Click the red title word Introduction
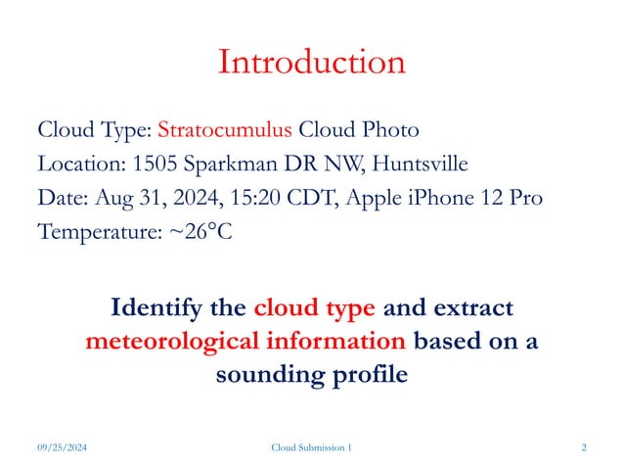point(311,63)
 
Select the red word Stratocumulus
point(225,130)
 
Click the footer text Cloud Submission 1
point(311,447)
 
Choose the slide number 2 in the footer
point(583,447)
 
